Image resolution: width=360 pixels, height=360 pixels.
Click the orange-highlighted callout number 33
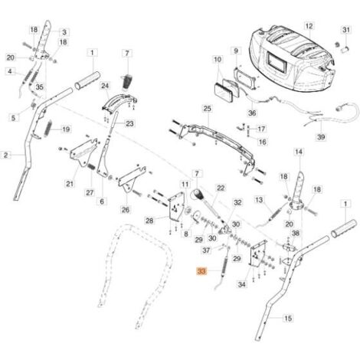pos(201,271)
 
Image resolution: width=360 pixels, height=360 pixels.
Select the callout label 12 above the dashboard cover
pos(309,26)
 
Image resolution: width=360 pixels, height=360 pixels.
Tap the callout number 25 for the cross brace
pos(208,109)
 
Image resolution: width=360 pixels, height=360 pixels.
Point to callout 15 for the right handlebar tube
pos(288,318)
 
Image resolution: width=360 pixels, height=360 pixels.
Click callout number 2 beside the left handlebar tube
pos(6,155)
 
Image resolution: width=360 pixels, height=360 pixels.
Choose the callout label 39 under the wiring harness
pos(321,137)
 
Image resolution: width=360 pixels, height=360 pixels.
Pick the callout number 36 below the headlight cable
pos(252,113)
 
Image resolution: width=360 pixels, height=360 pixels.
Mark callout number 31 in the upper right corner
pos(346,30)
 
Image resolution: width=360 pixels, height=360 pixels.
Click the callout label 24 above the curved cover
pos(105,86)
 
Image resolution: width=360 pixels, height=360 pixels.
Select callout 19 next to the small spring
pos(66,129)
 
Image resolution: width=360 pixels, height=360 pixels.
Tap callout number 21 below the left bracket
pos(70,184)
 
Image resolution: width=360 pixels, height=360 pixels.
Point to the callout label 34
pos(241,284)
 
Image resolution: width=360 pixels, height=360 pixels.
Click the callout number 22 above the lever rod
pos(221,188)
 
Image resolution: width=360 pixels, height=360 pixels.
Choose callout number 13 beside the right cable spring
pos(259,200)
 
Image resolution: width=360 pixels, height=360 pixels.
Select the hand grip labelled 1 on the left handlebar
pos(87,79)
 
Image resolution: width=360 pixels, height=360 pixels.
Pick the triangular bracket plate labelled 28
pos(176,207)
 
